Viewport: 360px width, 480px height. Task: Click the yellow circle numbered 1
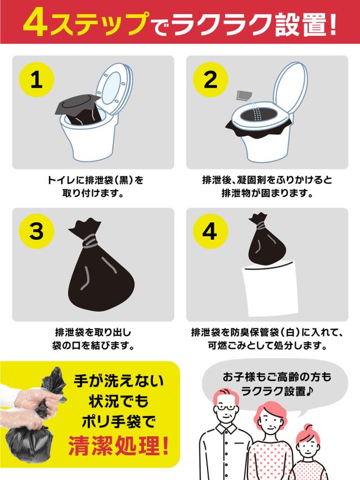coord(37,79)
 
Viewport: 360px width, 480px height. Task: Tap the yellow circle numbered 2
coord(210,79)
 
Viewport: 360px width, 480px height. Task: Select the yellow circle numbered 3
coord(37,231)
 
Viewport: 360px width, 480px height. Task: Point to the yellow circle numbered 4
coord(210,231)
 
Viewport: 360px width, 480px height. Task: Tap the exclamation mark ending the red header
coord(334,23)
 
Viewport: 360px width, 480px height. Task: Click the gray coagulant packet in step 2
coord(244,96)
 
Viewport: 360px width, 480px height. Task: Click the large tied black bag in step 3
coord(101,266)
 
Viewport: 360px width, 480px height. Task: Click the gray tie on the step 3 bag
coord(90,241)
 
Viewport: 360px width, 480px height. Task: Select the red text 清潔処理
coord(119,446)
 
